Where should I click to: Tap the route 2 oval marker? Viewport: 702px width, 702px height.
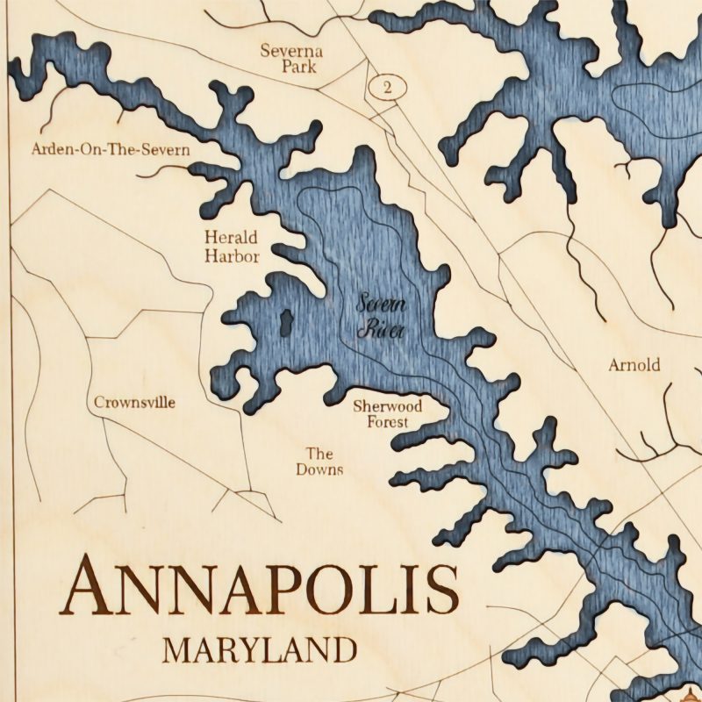click(x=387, y=86)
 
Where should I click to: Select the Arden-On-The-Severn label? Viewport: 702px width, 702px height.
click(x=111, y=149)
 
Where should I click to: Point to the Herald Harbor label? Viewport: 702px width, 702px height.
click(x=232, y=247)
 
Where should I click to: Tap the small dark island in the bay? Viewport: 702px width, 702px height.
click(x=285, y=322)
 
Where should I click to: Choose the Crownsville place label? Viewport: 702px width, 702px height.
click(x=134, y=403)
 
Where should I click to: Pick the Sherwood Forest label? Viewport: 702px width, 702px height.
click(x=387, y=414)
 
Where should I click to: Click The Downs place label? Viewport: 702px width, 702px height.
click(x=319, y=462)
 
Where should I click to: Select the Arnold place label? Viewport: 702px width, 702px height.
click(x=634, y=365)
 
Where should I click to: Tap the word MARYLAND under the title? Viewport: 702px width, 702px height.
click(x=261, y=651)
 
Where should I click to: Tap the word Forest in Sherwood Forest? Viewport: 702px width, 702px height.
click(x=387, y=422)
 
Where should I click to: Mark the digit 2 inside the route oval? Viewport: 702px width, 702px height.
click(x=387, y=86)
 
